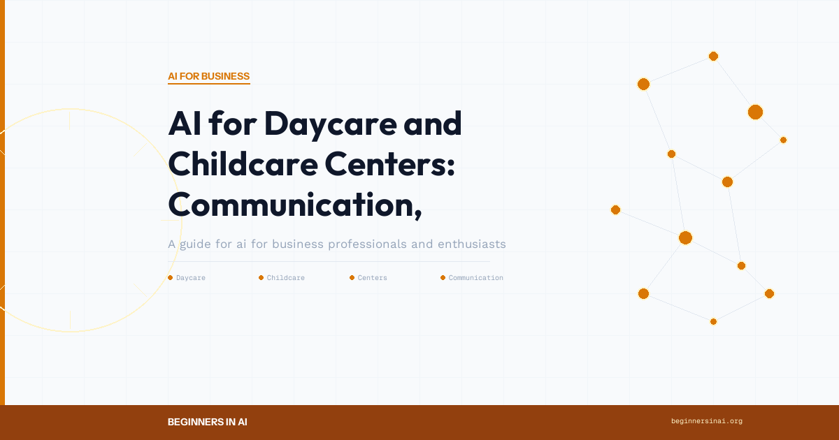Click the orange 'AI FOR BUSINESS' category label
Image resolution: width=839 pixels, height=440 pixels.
[x=208, y=76]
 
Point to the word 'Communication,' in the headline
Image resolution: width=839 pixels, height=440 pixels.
[x=295, y=204]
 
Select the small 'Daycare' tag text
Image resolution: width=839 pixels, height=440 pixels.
[x=191, y=278]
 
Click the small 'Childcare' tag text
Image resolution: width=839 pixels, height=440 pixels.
[x=286, y=278]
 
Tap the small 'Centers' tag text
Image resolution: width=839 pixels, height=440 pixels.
[x=373, y=278]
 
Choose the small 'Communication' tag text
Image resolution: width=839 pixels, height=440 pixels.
[x=475, y=278]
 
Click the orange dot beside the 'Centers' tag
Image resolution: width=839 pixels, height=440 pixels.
[x=352, y=278]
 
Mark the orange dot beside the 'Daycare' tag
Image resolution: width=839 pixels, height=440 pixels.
[x=170, y=278]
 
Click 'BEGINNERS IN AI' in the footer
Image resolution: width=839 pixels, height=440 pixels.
[x=208, y=422]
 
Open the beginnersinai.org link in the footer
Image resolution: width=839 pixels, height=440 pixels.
[x=706, y=421]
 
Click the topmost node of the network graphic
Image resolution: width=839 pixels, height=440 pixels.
[x=713, y=56]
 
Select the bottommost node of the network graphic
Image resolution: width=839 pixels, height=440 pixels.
[x=713, y=321]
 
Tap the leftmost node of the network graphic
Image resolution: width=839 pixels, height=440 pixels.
[x=615, y=210]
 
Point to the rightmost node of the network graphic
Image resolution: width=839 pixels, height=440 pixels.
[x=783, y=140]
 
